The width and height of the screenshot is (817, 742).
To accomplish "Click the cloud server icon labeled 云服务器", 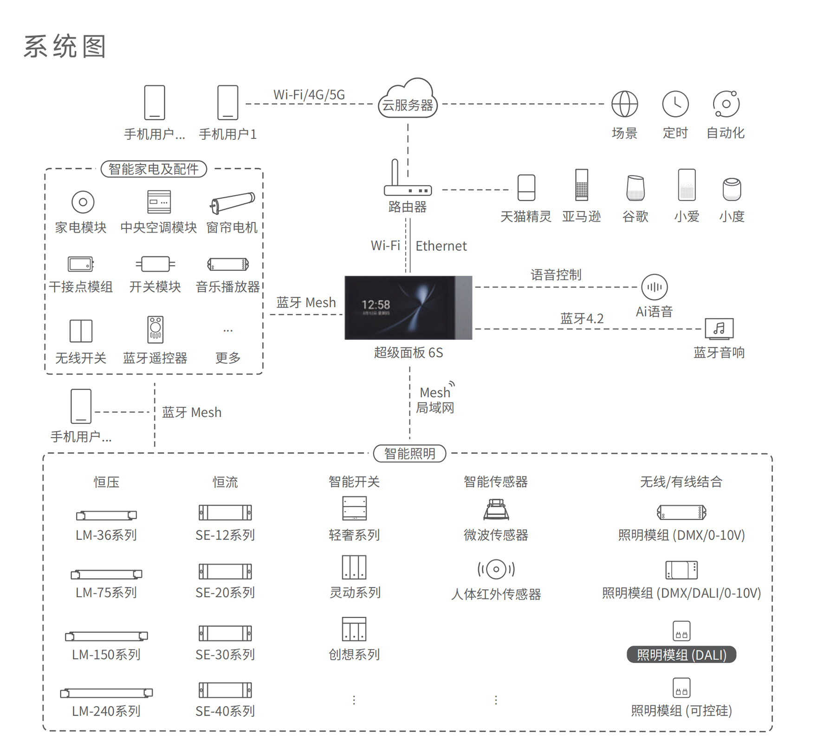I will pos(408,99).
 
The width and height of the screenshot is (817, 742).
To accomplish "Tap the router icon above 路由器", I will pos(407,181).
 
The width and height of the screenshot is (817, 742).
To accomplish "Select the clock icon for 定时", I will pos(675,104).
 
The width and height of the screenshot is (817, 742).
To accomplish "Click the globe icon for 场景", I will pos(624,104).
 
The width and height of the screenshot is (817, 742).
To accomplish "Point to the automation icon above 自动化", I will pos(726,104).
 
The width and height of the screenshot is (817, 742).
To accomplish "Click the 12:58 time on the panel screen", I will pos(376,305).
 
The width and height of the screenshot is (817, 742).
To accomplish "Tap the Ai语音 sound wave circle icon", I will pos(655,287).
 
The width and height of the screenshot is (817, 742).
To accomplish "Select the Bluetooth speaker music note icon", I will pos(719,329).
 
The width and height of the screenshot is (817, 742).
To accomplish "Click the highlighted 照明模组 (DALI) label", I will pos(681,655).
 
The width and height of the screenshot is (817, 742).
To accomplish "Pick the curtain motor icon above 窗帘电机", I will pos(232,202).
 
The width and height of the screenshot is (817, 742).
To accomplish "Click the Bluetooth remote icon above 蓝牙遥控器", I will pos(155,329).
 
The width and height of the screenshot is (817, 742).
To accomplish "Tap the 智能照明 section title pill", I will pos(409,453).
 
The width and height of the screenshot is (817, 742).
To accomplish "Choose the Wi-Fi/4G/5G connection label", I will pos(309,95).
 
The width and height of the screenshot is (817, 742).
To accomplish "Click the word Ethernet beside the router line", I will pos(441,246).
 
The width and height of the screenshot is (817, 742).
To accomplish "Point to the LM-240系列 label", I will pos(106,711).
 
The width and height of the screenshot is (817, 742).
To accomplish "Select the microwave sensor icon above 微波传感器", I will pos(496,509).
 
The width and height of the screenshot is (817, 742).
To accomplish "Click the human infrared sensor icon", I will pos(496,569).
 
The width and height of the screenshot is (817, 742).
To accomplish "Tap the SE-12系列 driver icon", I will pos(225,513).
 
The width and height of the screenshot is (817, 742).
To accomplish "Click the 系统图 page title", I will pos(65,46).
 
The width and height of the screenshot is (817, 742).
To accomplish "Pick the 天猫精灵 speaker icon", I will pos(526,188).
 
